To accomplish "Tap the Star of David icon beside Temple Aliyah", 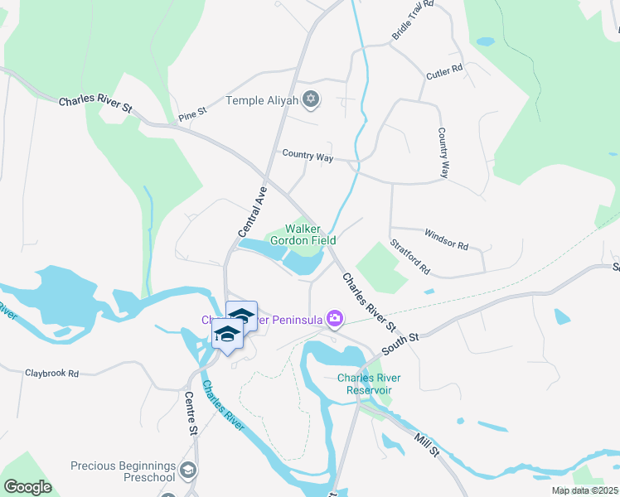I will pos(311,100).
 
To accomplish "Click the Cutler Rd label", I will pos(444,73).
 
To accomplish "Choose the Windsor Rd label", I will pos(446,239).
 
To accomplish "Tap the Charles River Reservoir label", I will pos(369,384).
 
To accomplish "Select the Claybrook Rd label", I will pos(51,374).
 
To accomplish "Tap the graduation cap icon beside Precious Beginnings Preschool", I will pos(190,471).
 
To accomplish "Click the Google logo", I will pos(28,487).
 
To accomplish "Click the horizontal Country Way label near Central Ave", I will pos(307,155).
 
